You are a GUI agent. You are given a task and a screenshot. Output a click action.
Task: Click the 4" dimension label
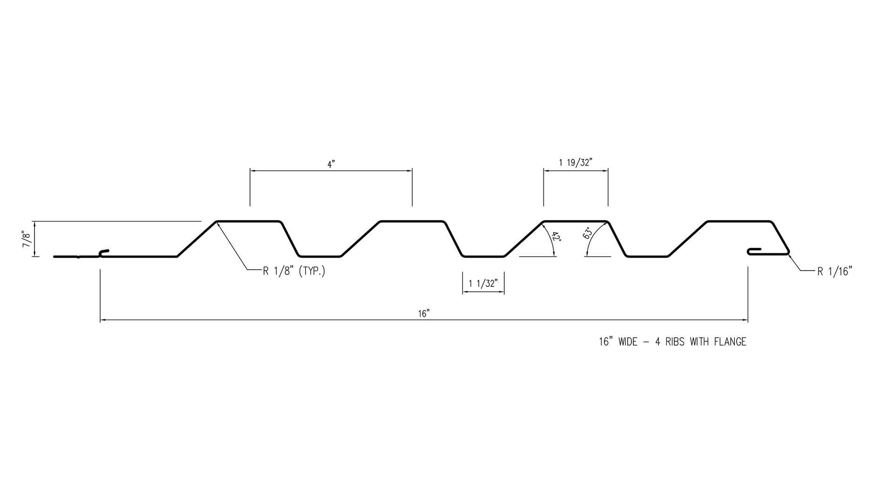point(331,164)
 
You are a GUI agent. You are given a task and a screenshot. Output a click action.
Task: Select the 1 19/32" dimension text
point(575,163)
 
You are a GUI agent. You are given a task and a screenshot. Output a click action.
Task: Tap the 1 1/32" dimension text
point(483,283)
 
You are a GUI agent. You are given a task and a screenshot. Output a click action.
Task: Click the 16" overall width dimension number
point(423,314)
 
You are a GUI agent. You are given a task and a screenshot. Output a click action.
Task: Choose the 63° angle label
point(588,233)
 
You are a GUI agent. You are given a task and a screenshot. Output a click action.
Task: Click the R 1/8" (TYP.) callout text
point(294,271)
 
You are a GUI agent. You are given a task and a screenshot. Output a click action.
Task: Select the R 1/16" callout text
point(835,272)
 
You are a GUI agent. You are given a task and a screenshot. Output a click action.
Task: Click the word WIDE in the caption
point(629,342)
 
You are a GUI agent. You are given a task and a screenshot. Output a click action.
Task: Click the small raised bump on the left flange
point(104,253)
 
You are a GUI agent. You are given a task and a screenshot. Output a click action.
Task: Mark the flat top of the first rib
point(249,221)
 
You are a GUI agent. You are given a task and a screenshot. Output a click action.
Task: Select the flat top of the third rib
point(576,221)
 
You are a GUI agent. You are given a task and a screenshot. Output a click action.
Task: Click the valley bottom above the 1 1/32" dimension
point(483,256)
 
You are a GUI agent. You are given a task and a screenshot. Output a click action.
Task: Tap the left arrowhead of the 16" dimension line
point(103,320)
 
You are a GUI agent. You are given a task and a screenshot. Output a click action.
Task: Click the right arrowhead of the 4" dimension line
point(409,171)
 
